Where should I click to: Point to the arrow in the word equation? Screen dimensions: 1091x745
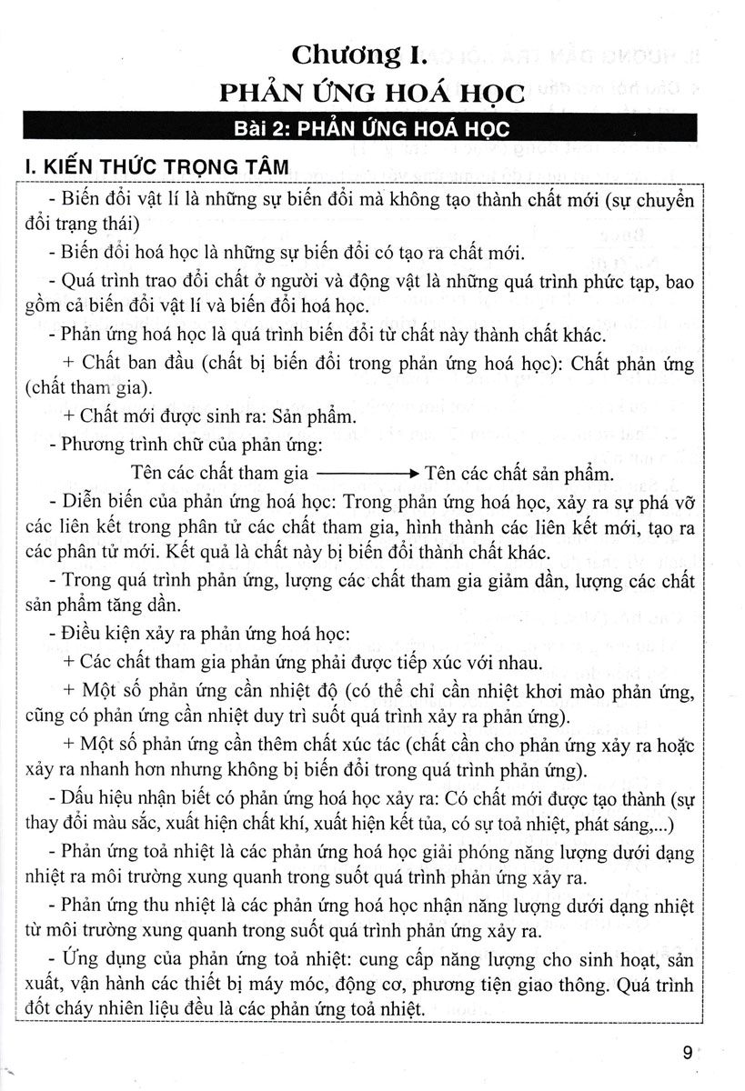click(367, 475)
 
